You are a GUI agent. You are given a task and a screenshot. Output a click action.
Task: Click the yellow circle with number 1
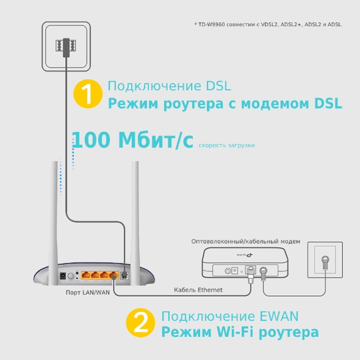tap(88, 94)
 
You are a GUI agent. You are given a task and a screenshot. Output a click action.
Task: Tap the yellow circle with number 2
tap(140, 323)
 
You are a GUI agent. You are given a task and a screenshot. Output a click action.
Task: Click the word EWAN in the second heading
tap(279, 316)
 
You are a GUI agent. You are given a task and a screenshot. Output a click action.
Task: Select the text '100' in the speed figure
tap(91, 140)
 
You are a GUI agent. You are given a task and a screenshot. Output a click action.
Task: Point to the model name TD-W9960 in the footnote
tap(211, 24)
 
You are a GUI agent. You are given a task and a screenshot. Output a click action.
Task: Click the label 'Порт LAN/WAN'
tap(88, 292)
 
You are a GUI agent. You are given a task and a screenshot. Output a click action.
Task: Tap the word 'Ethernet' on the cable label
tap(210, 290)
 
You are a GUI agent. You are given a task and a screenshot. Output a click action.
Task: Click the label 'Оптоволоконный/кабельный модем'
tap(246, 242)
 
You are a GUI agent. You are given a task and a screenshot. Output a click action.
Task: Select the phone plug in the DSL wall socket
tap(66, 48)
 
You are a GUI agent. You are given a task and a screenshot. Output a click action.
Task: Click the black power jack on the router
tap(63, 276)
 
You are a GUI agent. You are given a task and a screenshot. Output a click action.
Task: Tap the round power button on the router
tap(71, 276)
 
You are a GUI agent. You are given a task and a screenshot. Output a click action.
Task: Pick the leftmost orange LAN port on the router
tap(85, 275)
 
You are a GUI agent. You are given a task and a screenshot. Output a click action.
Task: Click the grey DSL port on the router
tap(124, 275)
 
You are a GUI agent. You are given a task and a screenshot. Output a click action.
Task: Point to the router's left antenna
tap(54, 223)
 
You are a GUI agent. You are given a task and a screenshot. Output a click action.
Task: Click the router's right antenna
tap(135, 223)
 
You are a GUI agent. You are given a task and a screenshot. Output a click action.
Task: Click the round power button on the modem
tap(228, 271)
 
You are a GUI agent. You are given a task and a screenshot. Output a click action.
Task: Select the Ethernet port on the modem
tap(250, 270)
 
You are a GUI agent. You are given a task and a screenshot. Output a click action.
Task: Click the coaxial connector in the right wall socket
tap(325, 262)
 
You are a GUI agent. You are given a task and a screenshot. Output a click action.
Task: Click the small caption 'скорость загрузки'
tap(226, 145)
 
